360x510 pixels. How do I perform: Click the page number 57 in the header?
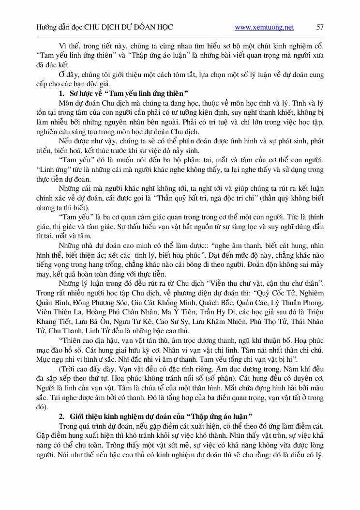(x=320, y=28)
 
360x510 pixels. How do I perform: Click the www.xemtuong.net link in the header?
(x=264, y=28)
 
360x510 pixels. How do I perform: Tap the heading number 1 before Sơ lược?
(x=61, y=93)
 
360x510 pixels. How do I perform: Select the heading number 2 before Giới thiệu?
(x=61, y=416)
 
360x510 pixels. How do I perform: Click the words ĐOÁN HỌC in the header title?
(x=152, y=28)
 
